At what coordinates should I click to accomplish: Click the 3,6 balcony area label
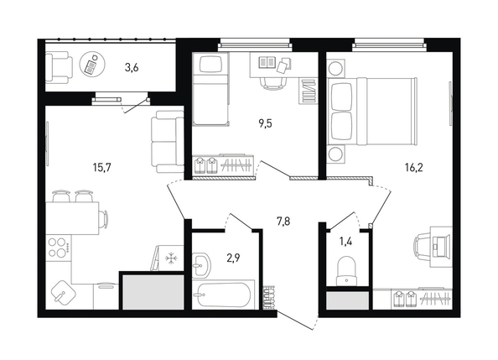[x=132, y=68]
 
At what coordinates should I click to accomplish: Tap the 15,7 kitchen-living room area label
[x=101, y=167]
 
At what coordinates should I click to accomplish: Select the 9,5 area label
[x=265, y=123]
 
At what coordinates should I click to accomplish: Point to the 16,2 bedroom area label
[x=414, y=167]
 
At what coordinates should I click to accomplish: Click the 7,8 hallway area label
[x=283, y=221]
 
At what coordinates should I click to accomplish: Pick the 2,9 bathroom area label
[x=233, y=258]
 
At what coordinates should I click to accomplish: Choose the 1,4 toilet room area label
[x=345, y=242]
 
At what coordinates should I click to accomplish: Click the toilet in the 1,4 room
[x=346, y=271]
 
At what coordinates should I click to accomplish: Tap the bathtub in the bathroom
[x=223, y=295]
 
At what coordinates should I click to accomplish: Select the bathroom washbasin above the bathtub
[x=200, y=264]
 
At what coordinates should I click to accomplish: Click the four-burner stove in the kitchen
[x=59, y=248]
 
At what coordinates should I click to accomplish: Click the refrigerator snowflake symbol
[x=171, y=258]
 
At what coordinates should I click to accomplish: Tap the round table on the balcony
[x=92, y=64]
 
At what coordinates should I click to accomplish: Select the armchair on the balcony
[x=59, y=68]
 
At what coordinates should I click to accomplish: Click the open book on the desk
[x=267, y=62]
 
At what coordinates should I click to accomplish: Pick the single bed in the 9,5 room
[x=210, y=88]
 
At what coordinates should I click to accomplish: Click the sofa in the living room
[x=168, y=142]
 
